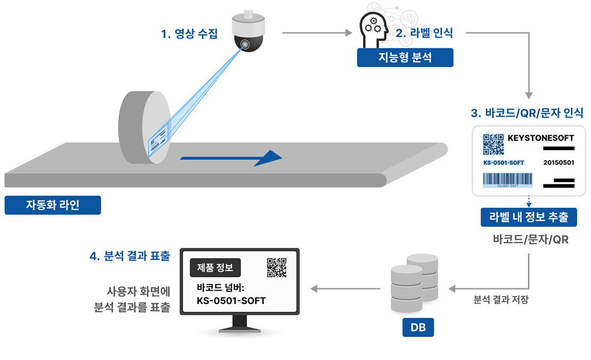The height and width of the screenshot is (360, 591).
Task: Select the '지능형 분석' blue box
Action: [x=405, y=58]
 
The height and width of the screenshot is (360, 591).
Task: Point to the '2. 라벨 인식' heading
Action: [x=424, y=33]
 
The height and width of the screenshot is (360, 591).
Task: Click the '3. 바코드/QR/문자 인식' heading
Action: [x=527, y=113]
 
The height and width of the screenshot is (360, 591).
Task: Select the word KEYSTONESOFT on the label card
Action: [x=541, y=138]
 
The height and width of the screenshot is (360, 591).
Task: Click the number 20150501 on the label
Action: [x=559, y=162]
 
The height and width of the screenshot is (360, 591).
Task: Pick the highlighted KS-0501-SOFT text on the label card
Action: [x=504, y=162]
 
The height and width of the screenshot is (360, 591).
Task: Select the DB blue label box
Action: [x=418, y=328]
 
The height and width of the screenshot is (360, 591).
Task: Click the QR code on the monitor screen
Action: [x=276, y=268]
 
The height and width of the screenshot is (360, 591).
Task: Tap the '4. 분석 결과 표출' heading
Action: [x=130, y=256]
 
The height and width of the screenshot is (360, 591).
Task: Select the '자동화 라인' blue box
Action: [x=53, y=205]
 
